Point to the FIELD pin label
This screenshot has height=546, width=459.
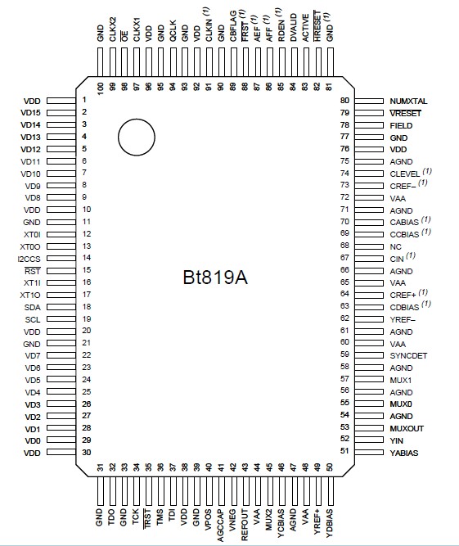click(401, 125)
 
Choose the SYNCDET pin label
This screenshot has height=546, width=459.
click(408, 355)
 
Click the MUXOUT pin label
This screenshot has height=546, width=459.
click(407, 427)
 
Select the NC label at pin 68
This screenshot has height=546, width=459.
click(395, 246)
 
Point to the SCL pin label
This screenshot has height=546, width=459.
click(32, 318)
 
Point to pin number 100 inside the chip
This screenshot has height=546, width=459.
click(101, 86)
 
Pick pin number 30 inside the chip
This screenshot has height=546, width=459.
click(84, 452)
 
